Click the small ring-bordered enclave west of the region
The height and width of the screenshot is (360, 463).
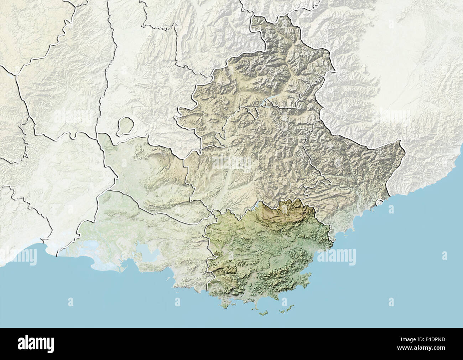pyautogui.click(x=125, y=127)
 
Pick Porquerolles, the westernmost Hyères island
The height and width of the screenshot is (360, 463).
pyautogui.click(x=264, y=313)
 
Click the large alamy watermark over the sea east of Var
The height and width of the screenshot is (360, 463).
pyautogui.click(x=336, y=255)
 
